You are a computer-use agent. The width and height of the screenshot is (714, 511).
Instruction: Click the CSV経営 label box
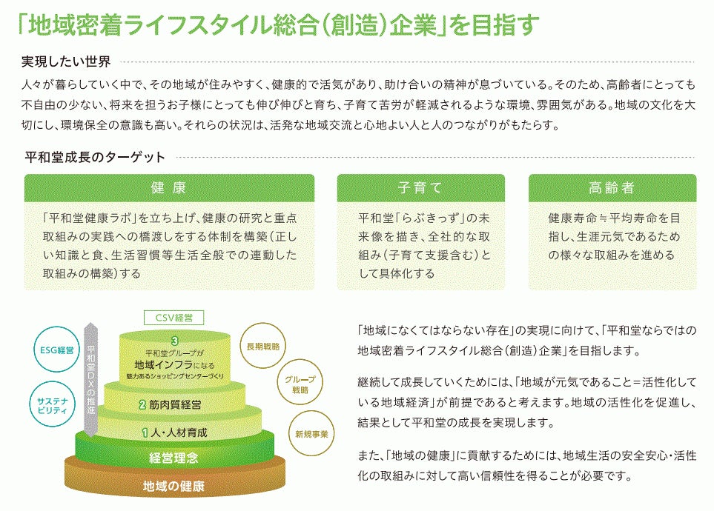tap(173, 318)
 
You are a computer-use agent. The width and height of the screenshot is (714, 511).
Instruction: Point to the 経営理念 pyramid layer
tap(173, 458)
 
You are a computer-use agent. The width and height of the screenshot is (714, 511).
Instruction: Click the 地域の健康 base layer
tap(173, 487)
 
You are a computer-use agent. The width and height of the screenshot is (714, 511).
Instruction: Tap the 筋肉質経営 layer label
tap(175, 404)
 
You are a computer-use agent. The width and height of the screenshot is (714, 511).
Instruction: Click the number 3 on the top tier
tap(173, 341)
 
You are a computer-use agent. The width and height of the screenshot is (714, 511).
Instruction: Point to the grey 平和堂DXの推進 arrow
tap(91, 378)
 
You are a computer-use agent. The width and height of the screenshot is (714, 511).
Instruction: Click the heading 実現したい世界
tap(67, 61)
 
